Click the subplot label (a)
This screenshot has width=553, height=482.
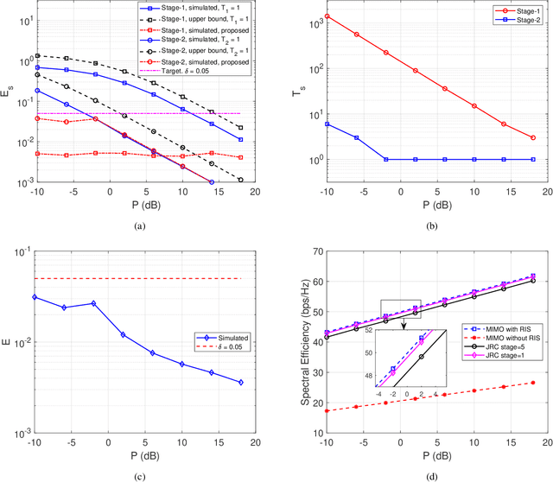coord(141,225)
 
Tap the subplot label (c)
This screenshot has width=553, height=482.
coord(141,470)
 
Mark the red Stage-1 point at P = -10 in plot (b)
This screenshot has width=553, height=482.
coord(327,16)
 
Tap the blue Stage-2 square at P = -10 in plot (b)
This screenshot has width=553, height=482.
coord(327,124)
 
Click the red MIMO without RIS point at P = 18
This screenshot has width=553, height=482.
coord(532,383)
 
